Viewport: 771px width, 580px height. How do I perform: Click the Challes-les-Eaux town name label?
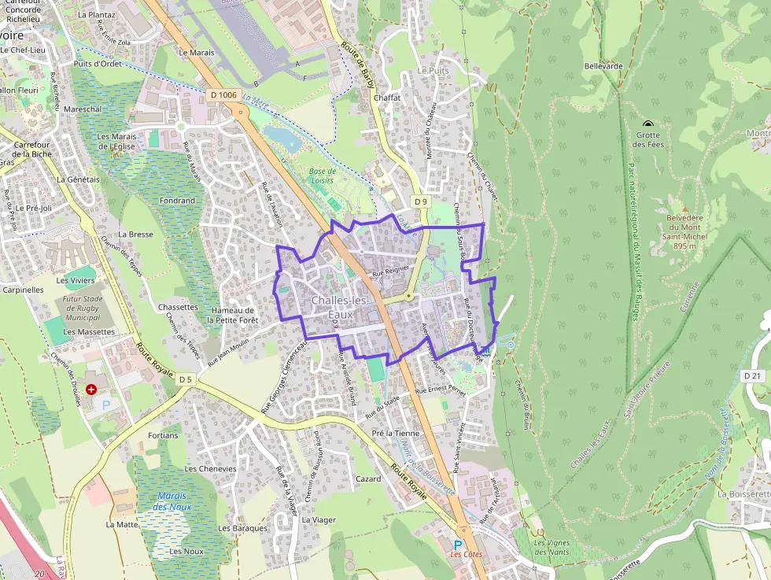(x=339, y=308)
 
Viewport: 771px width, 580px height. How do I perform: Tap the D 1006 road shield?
(x=223, y=95)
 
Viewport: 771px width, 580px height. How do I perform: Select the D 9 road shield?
(x=421, y=202)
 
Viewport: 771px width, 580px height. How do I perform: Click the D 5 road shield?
(x=185, y=379)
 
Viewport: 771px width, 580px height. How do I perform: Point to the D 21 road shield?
(x=753, y=376)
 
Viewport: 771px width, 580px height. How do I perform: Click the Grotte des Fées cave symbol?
(x=648, y=124)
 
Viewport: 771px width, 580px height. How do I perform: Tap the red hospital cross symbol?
(x=92, y=389)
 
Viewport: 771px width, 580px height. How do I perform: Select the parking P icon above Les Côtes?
(x=459, y=544)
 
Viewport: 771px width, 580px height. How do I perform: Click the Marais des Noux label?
(x=172, y=501)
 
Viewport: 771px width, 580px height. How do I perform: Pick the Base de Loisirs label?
(x=322, y=175)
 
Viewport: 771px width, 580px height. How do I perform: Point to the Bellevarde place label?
(x=603, y=66)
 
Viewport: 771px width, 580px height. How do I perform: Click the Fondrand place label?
(x=176, y=201)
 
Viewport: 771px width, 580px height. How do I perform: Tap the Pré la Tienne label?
(x=397, y=434)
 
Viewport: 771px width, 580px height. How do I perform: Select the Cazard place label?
(x=368, y=478)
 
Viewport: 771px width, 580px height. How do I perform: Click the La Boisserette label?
(x=743, y=494)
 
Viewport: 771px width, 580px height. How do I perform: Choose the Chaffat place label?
(x=387, y=98)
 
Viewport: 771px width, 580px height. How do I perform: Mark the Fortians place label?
(x=163, y=435)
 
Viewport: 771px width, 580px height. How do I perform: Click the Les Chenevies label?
(x=210, y=468)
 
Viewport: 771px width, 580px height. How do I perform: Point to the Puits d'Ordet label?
(x=98, y=64)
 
